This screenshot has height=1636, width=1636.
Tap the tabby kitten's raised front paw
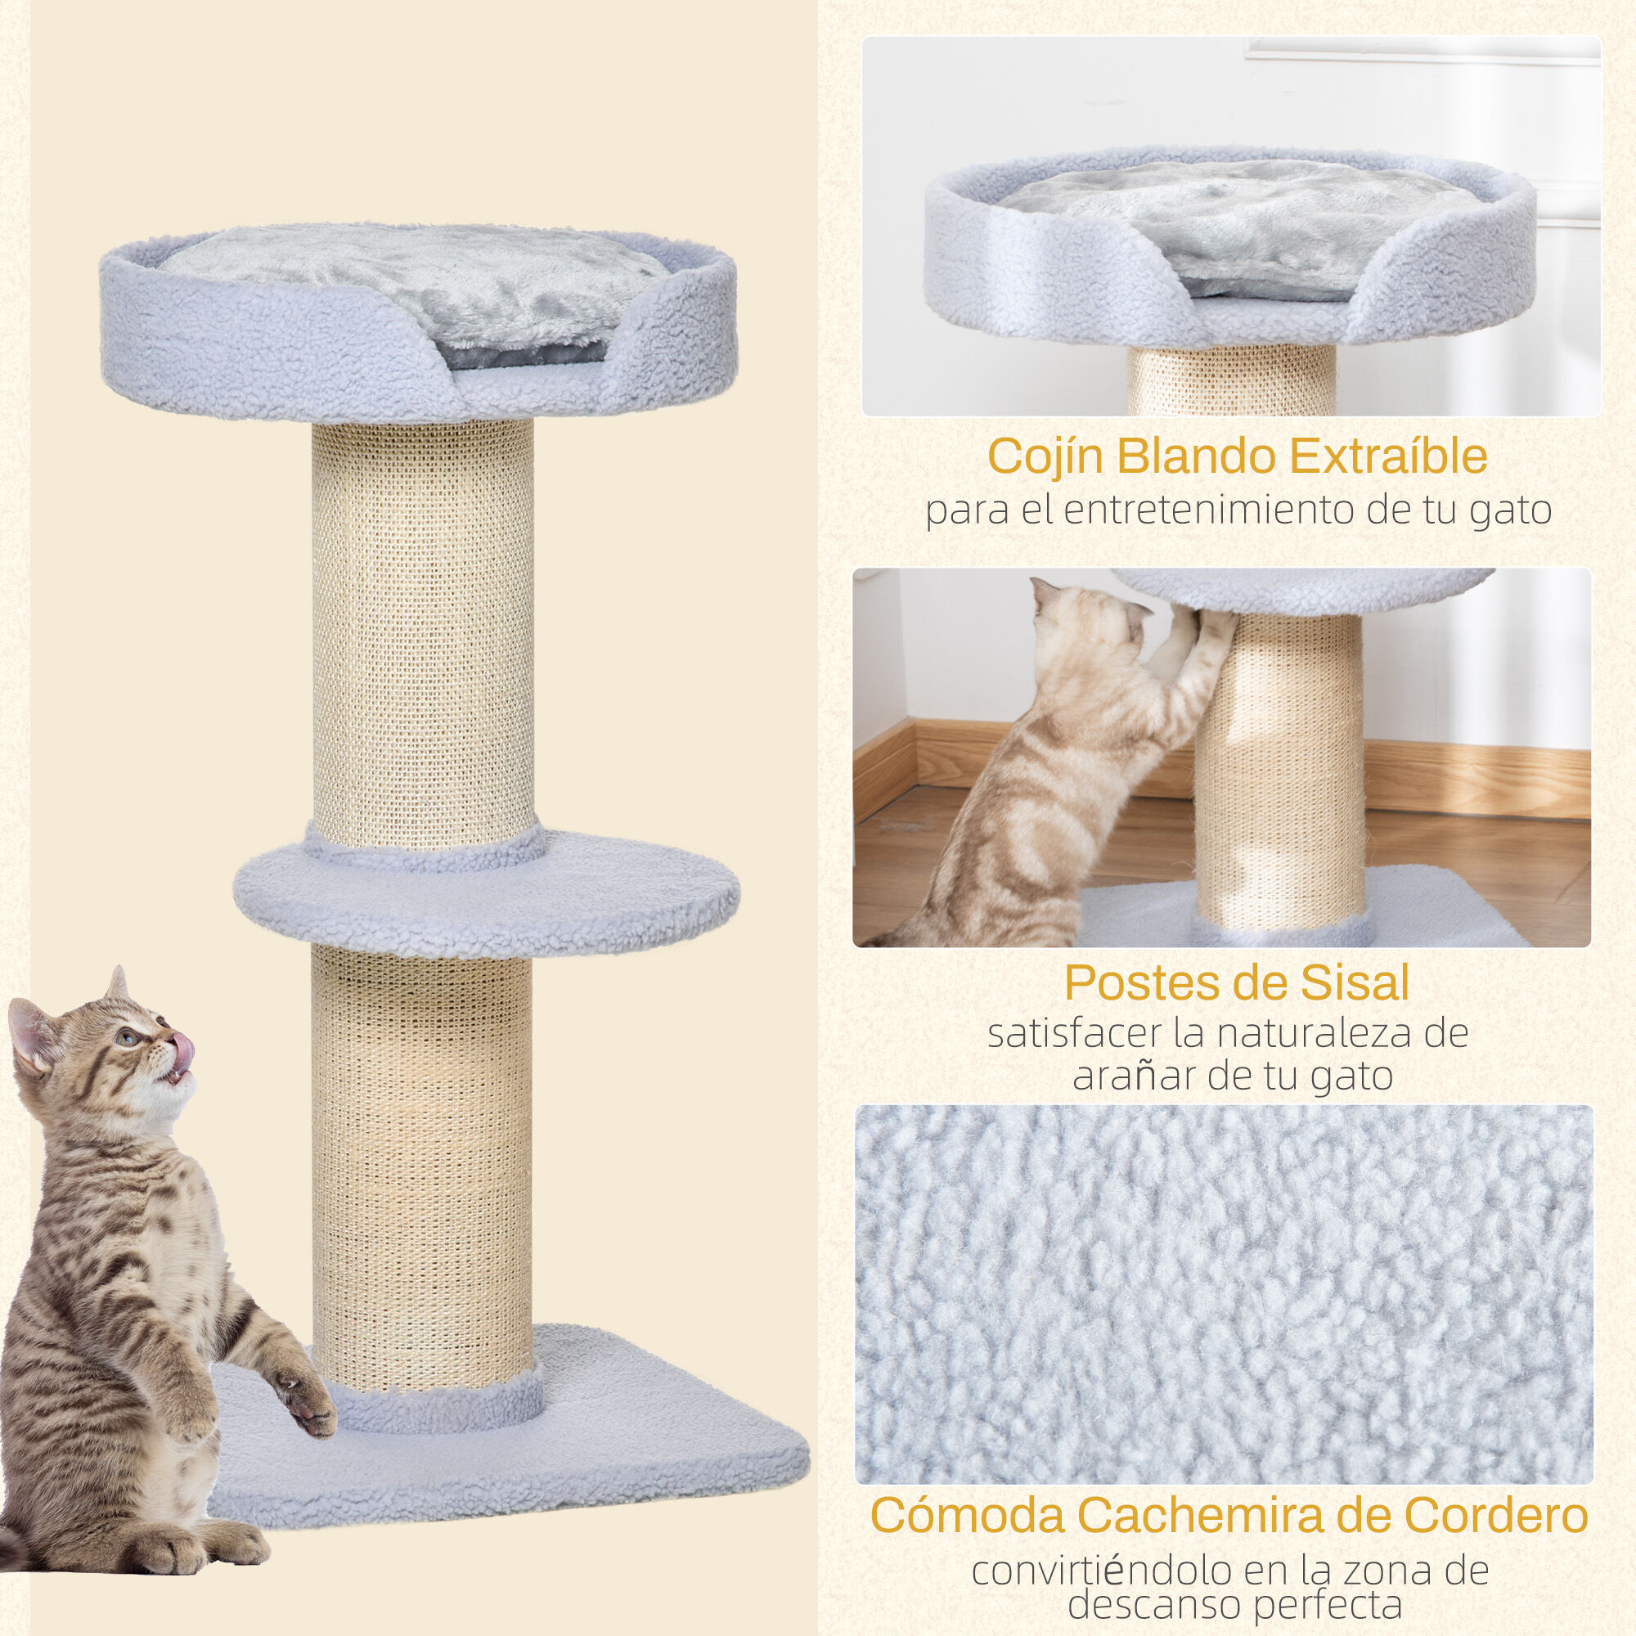tap(307, 1407)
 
